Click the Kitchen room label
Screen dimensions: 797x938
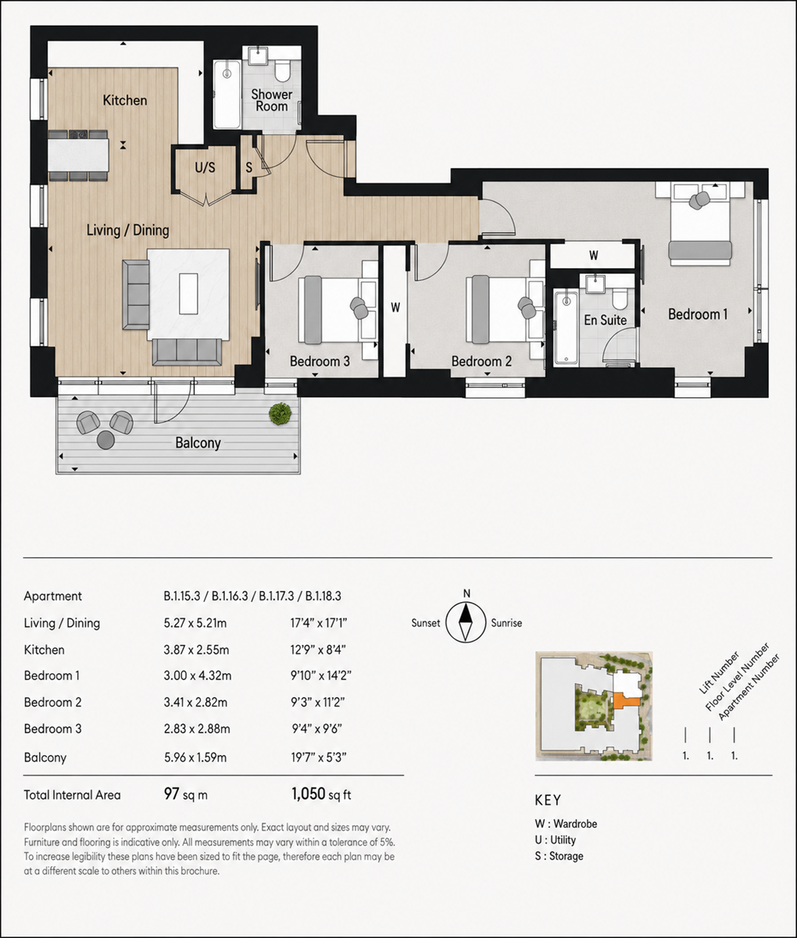coord(125,100)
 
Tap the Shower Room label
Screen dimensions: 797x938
coord(272,100)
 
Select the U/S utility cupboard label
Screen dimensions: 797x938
coord(205,167)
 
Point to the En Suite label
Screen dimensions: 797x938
coord(605,320)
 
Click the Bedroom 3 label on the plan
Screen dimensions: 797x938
coord(320,361)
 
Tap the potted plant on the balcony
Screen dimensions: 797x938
coord(280,414)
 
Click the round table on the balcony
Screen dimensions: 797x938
coord(105,440)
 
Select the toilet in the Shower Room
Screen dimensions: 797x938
coord(283,71)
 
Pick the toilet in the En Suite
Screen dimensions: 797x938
coord(620,297)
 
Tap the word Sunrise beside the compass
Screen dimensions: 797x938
coord(506,623)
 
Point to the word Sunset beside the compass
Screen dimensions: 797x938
coord(426,623)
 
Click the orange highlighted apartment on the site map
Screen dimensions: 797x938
coord(624,700)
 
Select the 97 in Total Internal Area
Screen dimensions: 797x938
coord(171,793)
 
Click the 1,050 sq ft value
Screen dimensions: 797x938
coord(321,793)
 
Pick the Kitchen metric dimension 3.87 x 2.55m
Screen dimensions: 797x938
coord(196,650)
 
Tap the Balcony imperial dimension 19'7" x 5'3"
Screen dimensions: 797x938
coord(319,757)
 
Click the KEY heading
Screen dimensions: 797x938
coord(548,800)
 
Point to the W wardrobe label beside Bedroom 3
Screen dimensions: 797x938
coord(395,308)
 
